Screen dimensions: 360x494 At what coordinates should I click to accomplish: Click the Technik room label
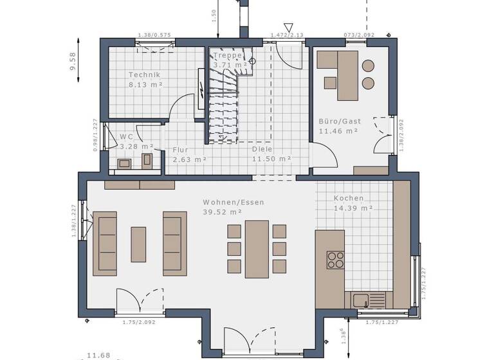coord(143,75)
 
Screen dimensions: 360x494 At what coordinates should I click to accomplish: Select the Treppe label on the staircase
coord(227,55)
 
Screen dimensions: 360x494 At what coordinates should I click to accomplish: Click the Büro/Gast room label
coord(340,121)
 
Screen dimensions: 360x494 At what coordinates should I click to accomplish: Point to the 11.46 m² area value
coord(338,131)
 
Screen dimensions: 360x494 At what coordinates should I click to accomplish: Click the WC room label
coord(126,136)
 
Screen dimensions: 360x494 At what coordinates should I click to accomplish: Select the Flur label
coord(180,150)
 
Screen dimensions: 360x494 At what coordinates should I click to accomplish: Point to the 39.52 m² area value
coord(223,212)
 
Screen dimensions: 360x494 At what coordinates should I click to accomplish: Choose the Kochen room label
coord(349,199)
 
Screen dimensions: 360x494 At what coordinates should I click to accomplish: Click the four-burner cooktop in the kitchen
coord(336,259)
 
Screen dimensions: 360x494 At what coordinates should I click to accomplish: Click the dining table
coord(257,249)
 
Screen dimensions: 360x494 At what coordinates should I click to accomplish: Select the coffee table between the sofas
coord(138,244)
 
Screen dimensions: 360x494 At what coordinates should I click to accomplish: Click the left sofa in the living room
coord(105,244)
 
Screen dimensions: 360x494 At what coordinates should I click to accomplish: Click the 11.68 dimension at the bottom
coord(98,355)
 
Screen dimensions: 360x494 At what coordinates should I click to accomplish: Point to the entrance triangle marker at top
coord(289,28)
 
